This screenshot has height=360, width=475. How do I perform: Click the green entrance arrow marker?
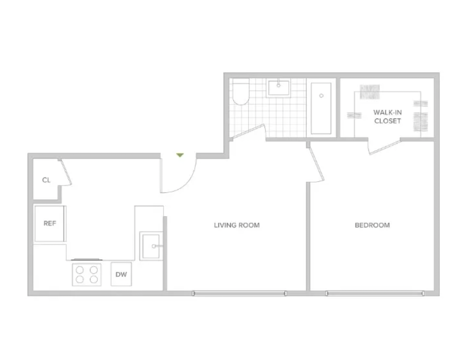click(x=180, y=155)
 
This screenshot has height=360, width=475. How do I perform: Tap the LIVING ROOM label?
click(x=237, y=225)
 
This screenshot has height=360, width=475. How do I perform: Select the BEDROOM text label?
click(x=372, y=225)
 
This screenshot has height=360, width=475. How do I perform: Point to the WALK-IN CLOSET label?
click(x=387, y=116)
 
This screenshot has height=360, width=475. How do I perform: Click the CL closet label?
click(x=46, y=180)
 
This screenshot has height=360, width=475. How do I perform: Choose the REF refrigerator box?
click(x=50, y=223)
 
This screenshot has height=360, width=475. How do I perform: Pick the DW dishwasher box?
click(x=121, y=274)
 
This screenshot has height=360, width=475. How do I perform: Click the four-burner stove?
click(x=87, y=274)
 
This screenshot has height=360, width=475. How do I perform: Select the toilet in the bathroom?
click(x=240, y=94)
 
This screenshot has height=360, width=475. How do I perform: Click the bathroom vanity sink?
click(x=278, y=88)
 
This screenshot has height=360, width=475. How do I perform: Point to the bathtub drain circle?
click(x=321, y=96)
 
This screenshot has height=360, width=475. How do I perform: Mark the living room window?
click(x=239, y=294)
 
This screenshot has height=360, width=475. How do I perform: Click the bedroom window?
click(x=375, y=294)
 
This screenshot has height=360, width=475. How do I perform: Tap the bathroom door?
click(x=248, y=131)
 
